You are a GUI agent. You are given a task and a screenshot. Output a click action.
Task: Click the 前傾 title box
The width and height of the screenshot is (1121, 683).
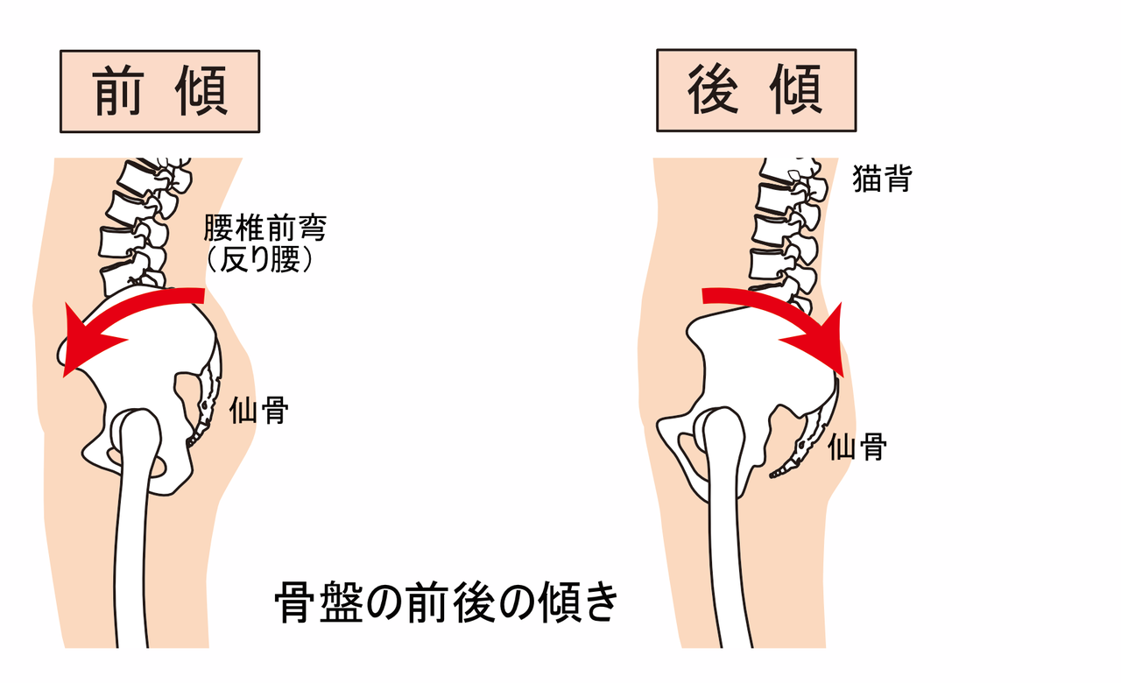[x=159, y=91]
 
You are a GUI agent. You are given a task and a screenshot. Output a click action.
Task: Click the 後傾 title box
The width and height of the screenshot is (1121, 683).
[x=756, y=90]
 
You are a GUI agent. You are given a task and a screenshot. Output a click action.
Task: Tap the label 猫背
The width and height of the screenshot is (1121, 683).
[x=882, y=178]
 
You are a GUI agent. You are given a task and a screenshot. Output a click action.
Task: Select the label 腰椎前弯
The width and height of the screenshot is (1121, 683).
[x=265, y=228]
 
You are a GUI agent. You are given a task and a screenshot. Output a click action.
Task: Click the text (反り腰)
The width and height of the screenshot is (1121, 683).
[x=260, y=259]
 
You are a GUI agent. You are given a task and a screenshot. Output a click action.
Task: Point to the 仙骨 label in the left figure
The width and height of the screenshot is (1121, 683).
[x=258, y=410]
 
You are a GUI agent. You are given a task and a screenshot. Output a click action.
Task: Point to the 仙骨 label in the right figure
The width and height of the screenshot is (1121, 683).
[x=857, y=447]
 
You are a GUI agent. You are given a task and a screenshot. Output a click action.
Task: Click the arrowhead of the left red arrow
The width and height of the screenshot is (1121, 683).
[x=85, y=345]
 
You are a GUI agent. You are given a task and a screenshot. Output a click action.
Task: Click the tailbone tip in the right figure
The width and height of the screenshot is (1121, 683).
[x=772, y=475]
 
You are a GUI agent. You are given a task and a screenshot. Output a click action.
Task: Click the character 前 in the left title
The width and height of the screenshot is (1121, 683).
[x=118, y=90]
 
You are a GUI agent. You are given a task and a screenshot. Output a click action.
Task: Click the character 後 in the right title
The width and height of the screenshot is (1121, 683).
[x=714, y=89]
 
